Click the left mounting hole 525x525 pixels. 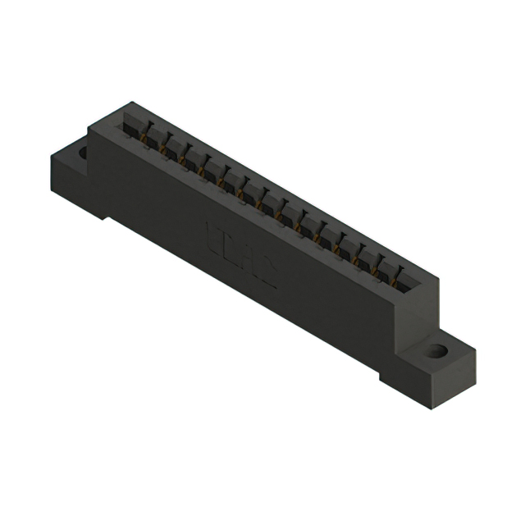pos(83,152)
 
